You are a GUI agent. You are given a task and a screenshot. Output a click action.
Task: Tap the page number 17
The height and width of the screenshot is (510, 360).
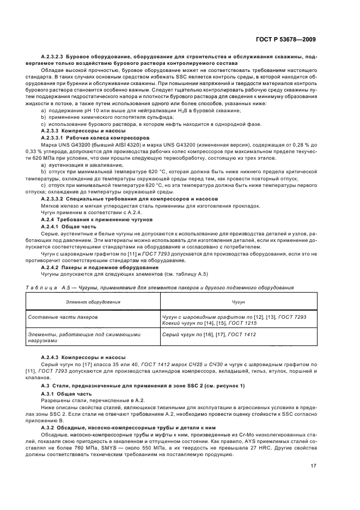click(313, 465)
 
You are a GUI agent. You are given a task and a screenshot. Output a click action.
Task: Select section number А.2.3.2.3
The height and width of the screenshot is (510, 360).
click(53, 57)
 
